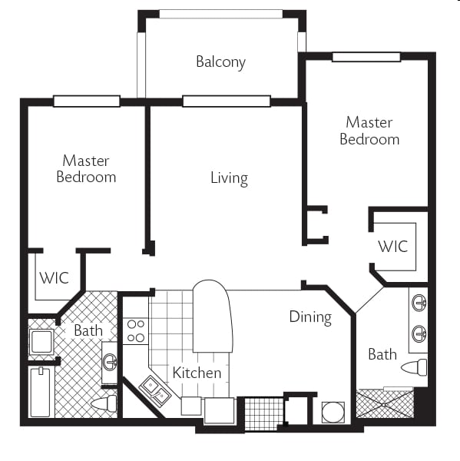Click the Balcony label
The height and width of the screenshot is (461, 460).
(220, 62)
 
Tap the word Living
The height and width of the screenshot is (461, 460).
(230, 178)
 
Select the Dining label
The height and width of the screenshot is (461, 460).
(310, 317)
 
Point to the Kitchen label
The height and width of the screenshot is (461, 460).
(197, 373)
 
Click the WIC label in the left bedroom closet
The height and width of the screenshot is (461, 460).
(54, 278)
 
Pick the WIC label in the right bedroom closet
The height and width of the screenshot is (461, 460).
(393, 247)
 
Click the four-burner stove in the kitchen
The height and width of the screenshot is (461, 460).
(135, 331)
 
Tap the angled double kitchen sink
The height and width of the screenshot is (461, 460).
(155, 391)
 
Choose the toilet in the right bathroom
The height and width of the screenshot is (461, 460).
(414, 367)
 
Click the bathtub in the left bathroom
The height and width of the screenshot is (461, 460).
(40, 392)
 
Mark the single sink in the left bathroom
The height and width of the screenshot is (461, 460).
(110, 362)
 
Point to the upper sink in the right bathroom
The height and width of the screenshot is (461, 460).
(419, 302)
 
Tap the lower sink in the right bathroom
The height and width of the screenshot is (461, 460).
(419, 334)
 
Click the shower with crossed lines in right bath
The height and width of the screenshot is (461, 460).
(385, 403)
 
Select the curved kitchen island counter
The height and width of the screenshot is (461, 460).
(212, 316)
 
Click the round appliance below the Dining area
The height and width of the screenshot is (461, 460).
(333, 413)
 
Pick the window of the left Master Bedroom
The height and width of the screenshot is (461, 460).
(87, 101)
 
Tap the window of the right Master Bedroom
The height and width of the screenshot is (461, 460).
(366, 57)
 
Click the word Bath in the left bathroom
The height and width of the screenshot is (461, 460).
(88, 330)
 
